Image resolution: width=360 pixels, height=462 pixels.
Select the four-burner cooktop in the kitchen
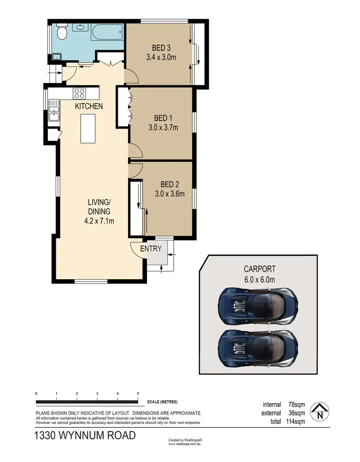(x=79, y=93)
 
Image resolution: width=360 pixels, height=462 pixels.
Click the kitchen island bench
(x=87, y=128)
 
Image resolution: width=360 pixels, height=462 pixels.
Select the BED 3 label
(x=162, y=47)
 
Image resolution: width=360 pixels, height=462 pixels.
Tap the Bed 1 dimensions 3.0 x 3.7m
(x=163, y=128)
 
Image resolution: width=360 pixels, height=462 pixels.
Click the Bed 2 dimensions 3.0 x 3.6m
(x=169, y=194)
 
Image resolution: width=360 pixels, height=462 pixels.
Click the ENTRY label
(x=151, y=249)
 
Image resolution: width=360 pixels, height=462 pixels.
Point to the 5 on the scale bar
(x=138, y=393)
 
